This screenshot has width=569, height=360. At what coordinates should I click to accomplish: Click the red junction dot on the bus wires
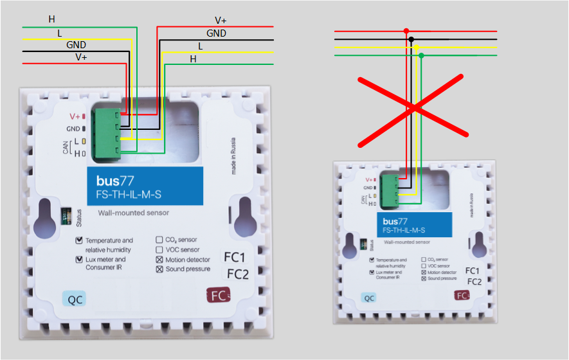(406, 31)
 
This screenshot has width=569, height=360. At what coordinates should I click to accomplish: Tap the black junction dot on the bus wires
(411, 39)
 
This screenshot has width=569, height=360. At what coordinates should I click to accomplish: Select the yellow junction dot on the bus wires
(417, 48)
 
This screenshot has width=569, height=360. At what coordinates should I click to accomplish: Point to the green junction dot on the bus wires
(421, 56)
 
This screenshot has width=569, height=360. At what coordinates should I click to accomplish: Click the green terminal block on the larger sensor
(105, 134)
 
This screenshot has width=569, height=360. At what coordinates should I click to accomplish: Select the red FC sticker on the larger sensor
(218, 296)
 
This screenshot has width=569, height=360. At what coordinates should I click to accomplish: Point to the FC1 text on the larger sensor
(235, 257)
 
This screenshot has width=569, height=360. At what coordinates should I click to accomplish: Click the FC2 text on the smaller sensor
(474, 282)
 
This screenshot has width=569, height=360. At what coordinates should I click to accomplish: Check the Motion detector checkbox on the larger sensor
(159, 260)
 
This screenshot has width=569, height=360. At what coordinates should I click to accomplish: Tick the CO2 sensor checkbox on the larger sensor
(159, 240)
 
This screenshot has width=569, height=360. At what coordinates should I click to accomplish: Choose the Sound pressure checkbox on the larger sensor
(159, 269)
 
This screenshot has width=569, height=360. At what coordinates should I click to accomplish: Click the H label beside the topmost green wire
(52, 19)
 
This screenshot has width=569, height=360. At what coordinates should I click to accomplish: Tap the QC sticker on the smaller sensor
(369, 298)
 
